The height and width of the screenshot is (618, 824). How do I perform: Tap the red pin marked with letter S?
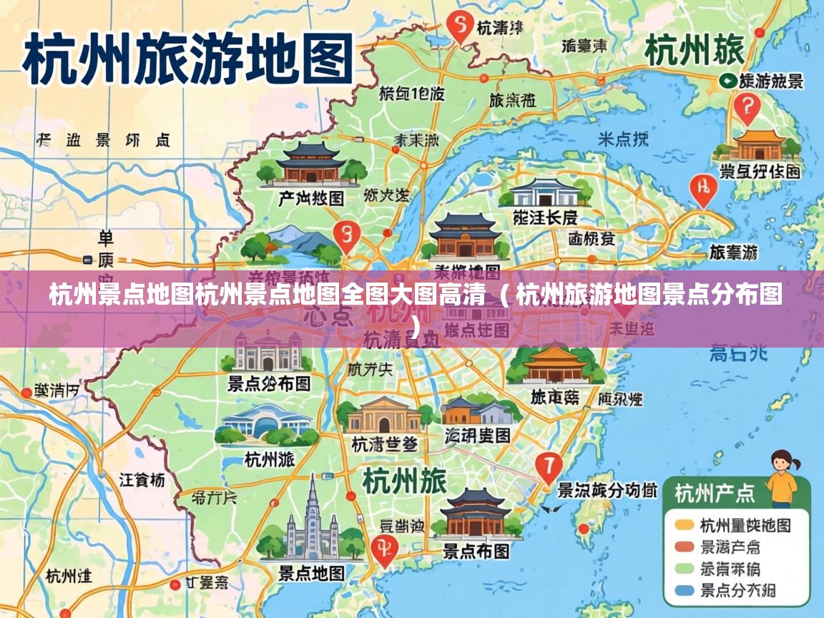459,26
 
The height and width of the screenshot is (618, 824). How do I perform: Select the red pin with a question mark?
747,107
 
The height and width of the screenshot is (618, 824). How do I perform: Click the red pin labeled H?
702,188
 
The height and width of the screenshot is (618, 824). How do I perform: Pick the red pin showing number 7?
549,466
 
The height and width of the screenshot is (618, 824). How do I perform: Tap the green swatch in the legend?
685,569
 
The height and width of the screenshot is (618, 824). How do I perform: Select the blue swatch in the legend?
685,591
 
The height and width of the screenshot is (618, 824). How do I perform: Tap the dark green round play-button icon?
728,81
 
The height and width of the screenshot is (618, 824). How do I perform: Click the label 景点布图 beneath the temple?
476,551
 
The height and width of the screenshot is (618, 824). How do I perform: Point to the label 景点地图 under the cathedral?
311,573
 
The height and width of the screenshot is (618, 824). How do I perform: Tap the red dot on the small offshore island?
584,529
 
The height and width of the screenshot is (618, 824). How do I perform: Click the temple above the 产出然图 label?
310,165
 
